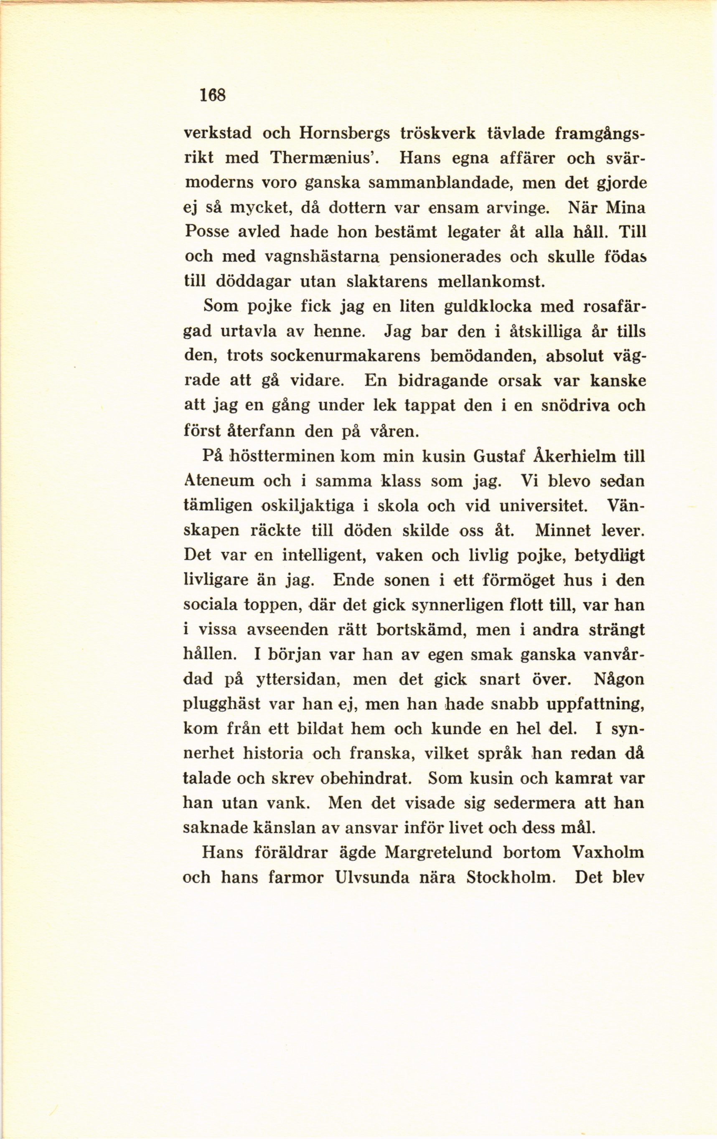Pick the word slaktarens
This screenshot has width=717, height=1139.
click(x=387, y=282)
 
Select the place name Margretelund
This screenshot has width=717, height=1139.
click(x=438, y=852)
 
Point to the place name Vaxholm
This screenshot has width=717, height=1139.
click(x=608, y=852)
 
